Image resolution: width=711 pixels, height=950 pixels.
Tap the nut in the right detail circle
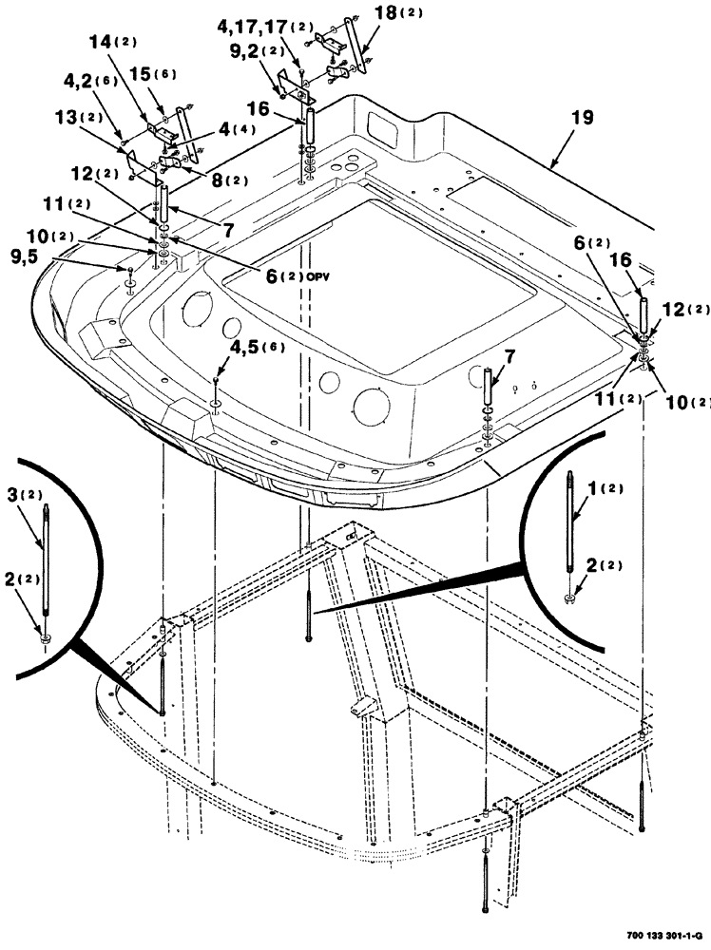[568, 598]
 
